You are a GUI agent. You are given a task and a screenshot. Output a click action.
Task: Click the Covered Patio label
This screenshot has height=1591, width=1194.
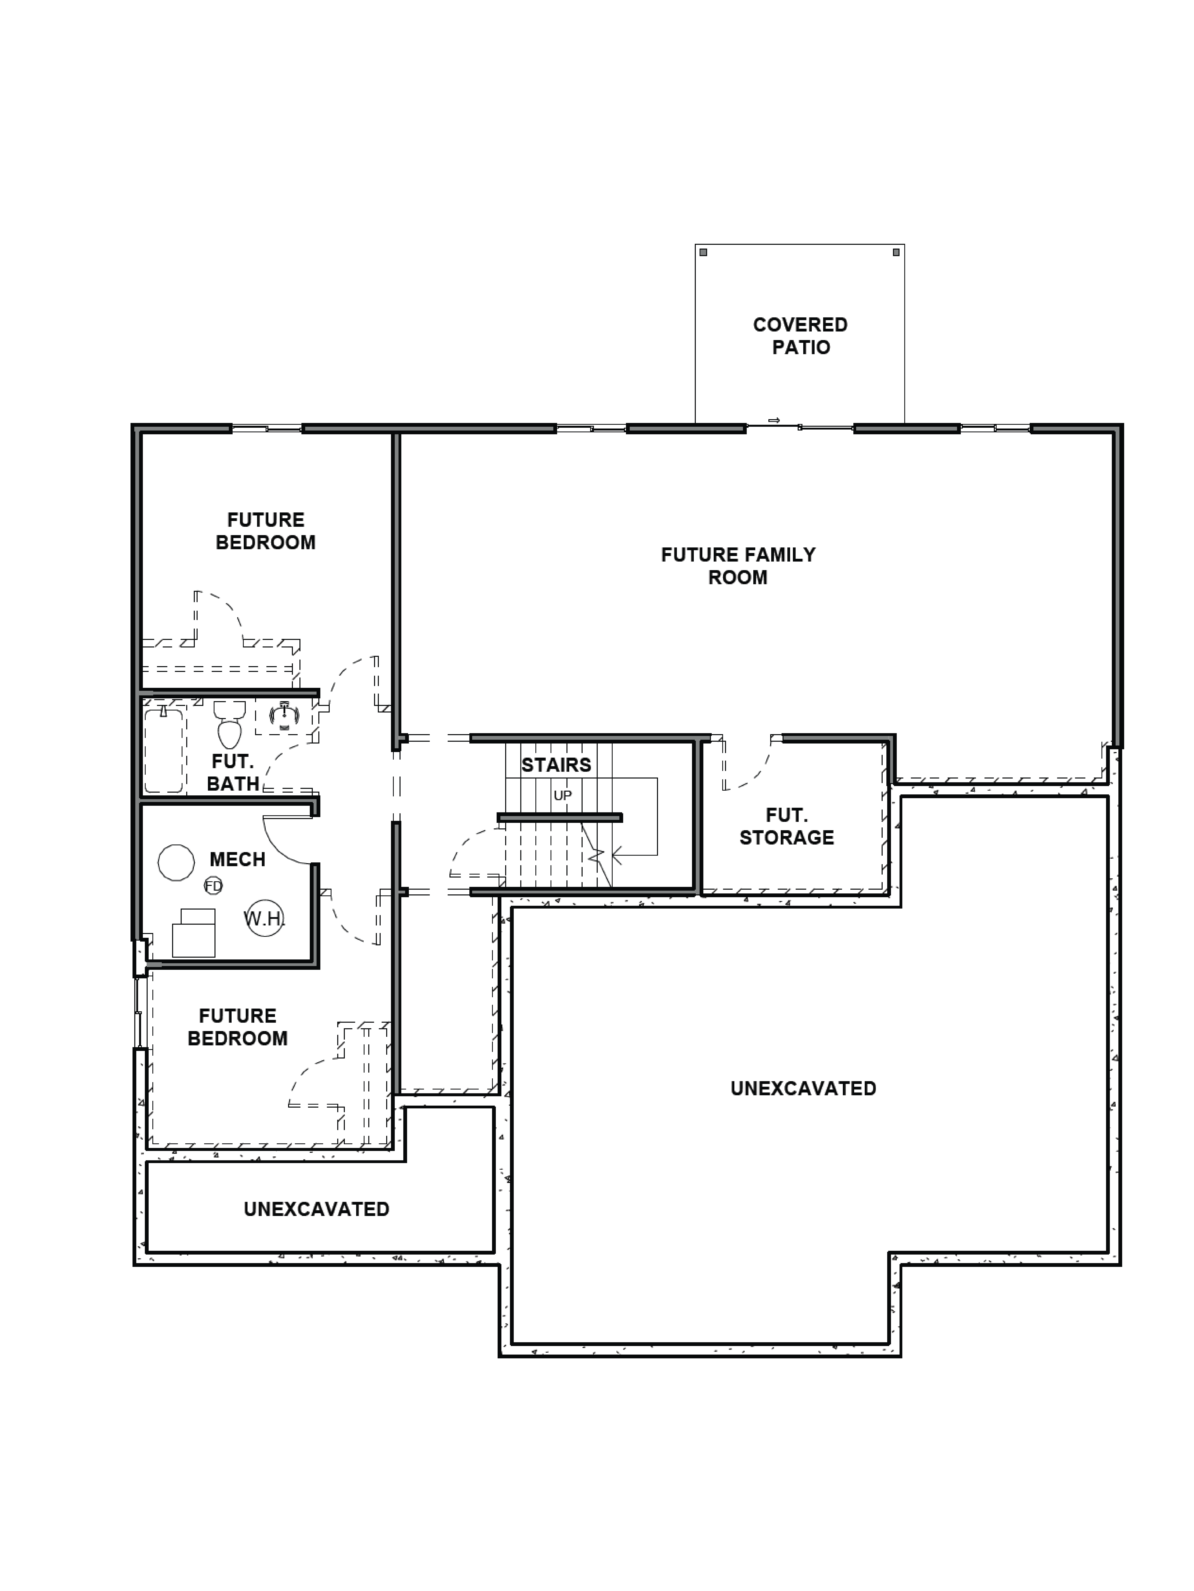[800, 336]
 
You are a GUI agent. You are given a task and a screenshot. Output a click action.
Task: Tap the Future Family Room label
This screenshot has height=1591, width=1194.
[738, 566]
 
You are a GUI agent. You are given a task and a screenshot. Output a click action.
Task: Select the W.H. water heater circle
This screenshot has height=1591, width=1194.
[265, 918]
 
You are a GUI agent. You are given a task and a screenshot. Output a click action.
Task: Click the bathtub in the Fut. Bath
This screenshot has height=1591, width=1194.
[164, 749]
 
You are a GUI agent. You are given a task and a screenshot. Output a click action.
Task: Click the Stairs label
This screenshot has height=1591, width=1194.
[556, 765]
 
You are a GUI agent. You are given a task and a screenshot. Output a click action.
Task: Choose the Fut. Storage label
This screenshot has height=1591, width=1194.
[787, 826]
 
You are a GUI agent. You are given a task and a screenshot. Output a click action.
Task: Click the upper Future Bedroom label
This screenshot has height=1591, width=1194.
[266, 531]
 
